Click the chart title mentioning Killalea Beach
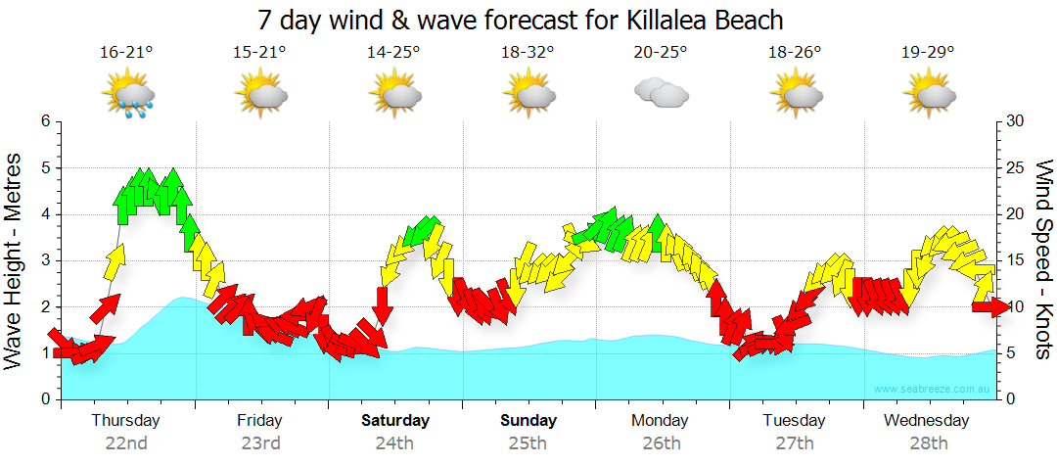pyautogui.click(x=521, y=19)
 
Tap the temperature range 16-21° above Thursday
pyautogui.click(x=126, y=52)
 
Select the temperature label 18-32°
pyautogui.click(x=528, y=52)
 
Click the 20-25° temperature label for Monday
pyautogui.click(x=661, y=52)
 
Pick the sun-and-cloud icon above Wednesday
pyautogui.click(x=929, y=95)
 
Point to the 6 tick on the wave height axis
pyautogui.click(x=45, y=121)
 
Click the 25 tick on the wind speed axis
pyautogui.click(x=1015, y=167)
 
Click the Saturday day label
pyautogui.click(x=395, y=421)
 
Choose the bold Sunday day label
pyautogui.click(x=528, y=421)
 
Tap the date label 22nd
pyautogui.click(x=126, y=443)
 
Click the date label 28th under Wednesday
pyautogui.click(x=928, y=443)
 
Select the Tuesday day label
pyautogui.click(x=794, y=421)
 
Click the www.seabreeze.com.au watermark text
pyautogui.click(x=933, y=389)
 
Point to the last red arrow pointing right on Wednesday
pyautogui.click(x=990, y=306)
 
